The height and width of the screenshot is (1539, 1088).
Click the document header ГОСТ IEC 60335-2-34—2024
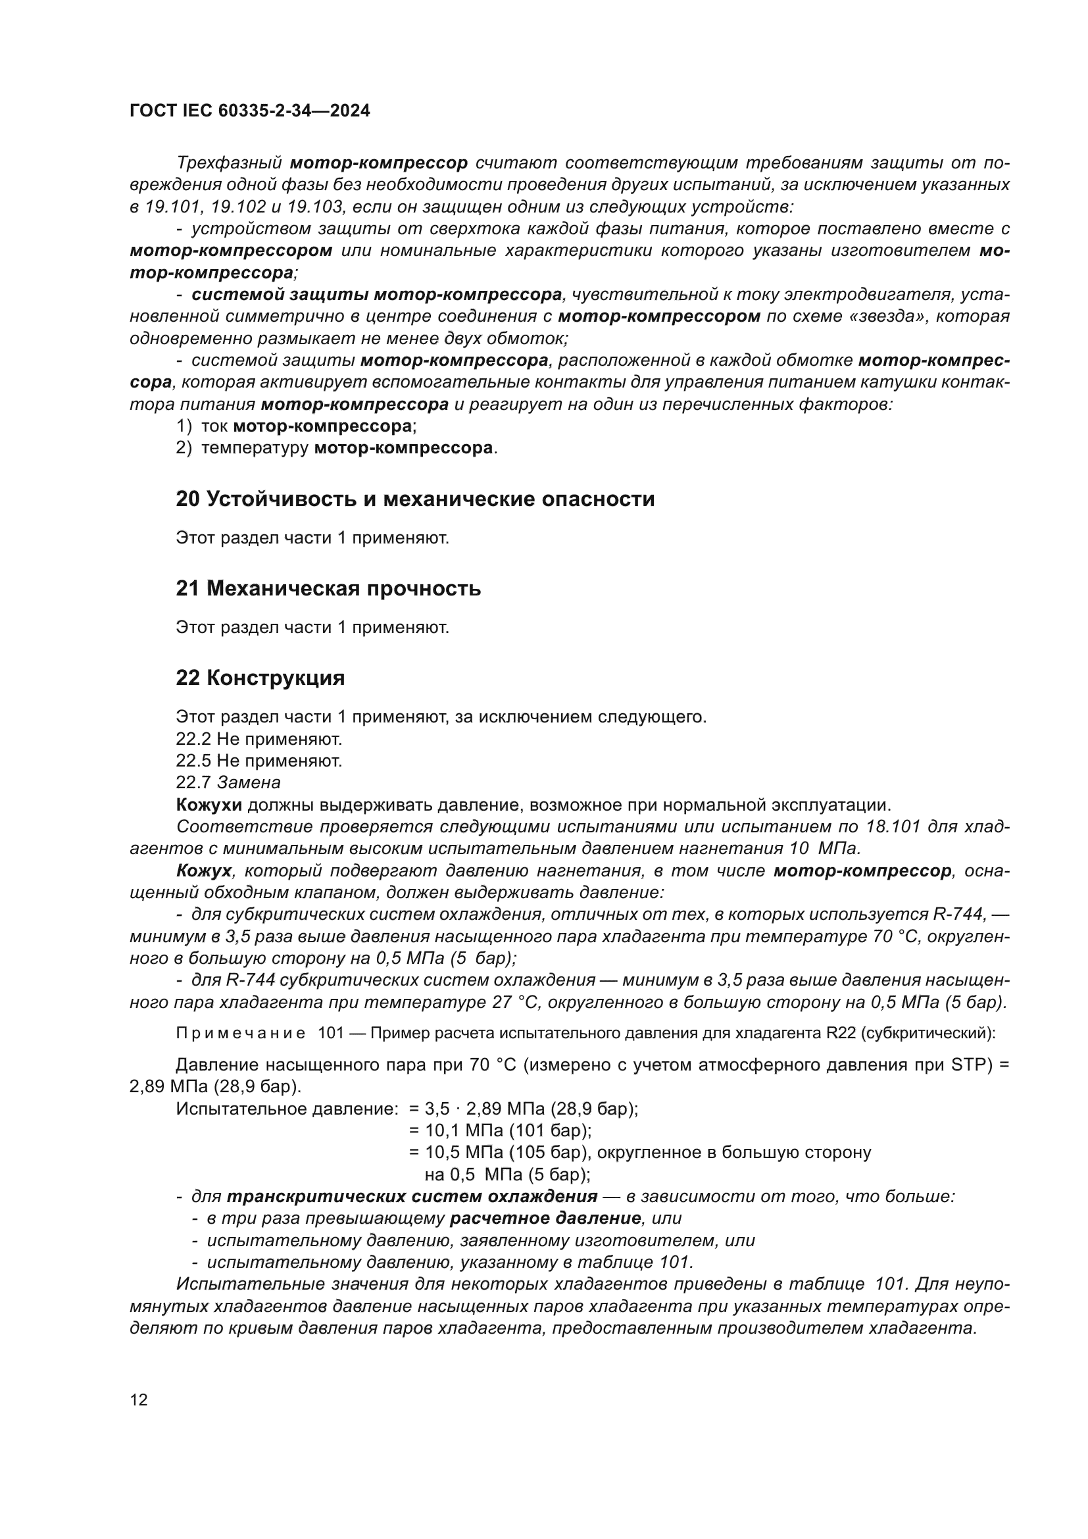(x=249, y=111)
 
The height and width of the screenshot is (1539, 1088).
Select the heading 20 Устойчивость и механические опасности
(x=414, y=499)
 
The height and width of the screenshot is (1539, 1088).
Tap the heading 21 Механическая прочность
(x=328, y=588)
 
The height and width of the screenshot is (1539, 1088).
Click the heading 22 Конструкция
(x=260, y=678)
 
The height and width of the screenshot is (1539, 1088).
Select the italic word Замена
(x=249, y=782)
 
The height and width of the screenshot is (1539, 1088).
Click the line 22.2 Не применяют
(x=259, y=740)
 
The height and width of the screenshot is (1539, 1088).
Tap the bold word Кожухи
(x=209, y=804)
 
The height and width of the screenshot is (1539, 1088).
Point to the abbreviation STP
(x=971, y=1065)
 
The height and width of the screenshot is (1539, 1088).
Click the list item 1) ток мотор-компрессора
(x=296, y=426)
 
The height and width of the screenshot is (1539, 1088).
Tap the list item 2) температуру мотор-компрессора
(x=336, y=448)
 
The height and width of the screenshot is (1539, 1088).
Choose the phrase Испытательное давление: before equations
(x=287, y=1109)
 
